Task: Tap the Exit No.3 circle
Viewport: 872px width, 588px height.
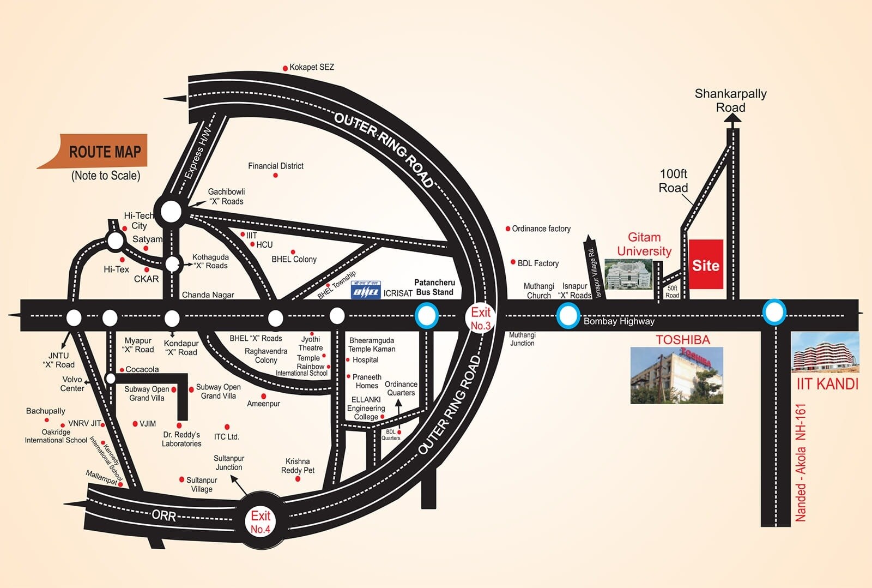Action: point(480,319)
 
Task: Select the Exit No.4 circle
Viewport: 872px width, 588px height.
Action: point(260,521)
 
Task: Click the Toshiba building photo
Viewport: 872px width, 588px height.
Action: point(676,375)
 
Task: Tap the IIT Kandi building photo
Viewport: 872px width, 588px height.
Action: point(825,352)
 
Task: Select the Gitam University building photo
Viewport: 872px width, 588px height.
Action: point(628,274)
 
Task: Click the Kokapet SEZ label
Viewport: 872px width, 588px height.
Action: point(311,67)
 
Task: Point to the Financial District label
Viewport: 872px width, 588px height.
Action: point(275,166)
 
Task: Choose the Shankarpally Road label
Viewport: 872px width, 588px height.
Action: point(730,100)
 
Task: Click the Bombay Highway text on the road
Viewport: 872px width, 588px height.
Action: point(619,321)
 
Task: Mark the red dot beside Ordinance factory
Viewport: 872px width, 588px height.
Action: point(508,229)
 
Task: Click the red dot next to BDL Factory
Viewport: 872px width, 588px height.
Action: point(513,262)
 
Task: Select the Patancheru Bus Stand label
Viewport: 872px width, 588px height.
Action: point(434,287)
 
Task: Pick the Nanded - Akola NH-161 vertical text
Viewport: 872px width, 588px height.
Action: point(800,463)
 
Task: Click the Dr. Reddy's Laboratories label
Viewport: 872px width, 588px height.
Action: point(181,439)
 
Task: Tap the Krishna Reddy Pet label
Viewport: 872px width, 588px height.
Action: point(298,466)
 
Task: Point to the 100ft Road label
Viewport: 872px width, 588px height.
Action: point(674,181)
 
